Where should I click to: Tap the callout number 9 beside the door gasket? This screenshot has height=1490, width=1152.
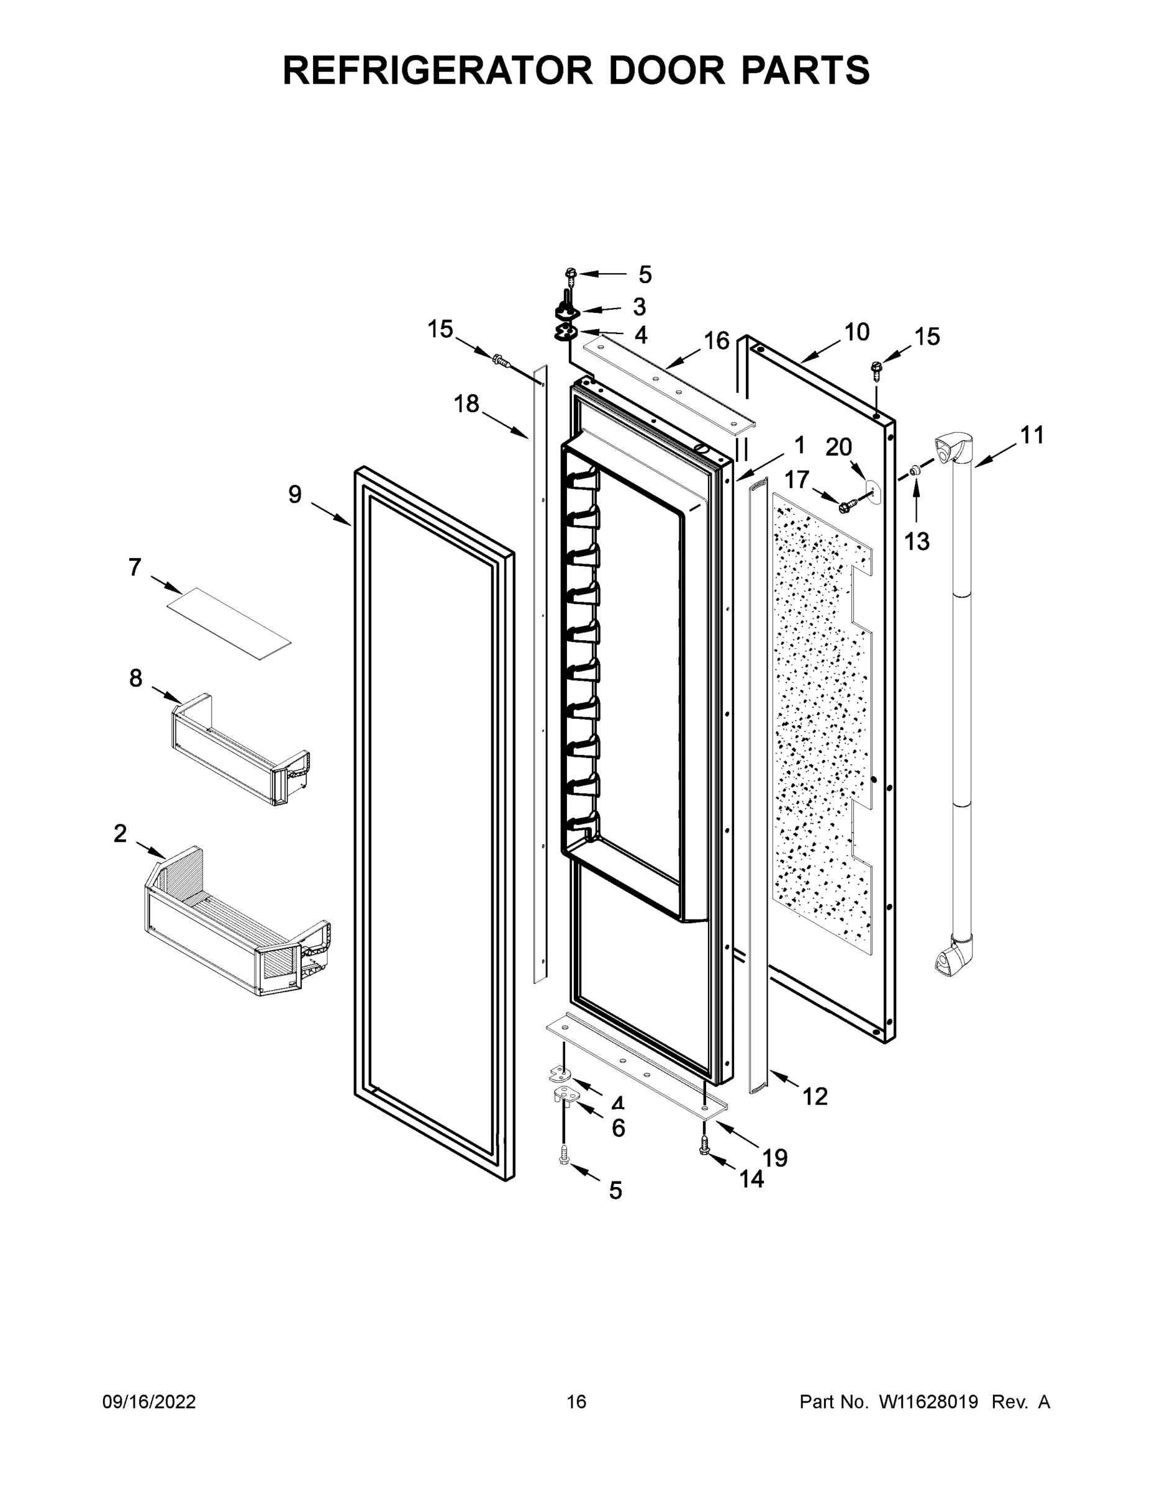click(x=294, y=494)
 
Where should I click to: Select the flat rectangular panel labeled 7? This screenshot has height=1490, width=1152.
click(x=229, y=623)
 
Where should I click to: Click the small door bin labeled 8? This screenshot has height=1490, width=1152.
click(x=239, y=751)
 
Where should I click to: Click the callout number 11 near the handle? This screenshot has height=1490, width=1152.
click(x=1032, y=435)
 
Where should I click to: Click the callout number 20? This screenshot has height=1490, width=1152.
click(x=839, y=448)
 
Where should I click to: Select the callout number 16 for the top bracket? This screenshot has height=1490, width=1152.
click(x=717, y=340)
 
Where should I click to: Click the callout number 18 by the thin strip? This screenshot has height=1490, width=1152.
click(x=467, y=404)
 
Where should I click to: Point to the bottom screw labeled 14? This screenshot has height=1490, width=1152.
click(x=705, y=1150)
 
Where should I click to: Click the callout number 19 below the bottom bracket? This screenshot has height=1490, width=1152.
click(x=774, y=1157)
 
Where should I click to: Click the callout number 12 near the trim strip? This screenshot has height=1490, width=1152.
click(x=815, y=1096)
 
